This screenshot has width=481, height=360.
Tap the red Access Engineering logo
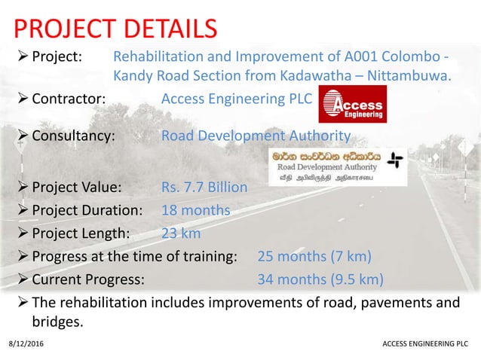353,103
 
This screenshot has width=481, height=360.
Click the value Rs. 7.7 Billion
204,187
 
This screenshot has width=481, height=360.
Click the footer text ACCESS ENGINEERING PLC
425,344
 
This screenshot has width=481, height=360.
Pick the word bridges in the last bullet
57,322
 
